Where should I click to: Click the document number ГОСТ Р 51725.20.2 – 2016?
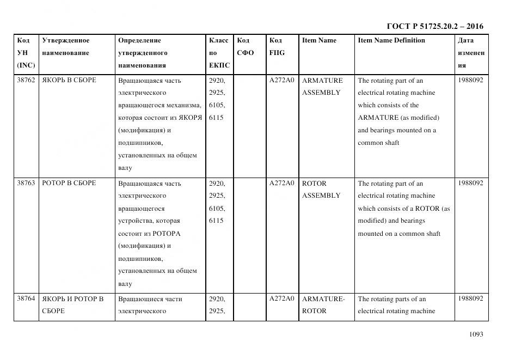coord(434,26)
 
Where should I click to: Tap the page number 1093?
coord(476,334)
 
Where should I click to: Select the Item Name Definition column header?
coord(391,40)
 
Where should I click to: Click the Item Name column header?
coord(319,40)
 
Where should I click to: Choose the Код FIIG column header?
coord(277,46)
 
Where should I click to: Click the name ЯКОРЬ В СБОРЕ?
coord(69,80)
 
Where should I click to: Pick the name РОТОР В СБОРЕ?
coord(69,183)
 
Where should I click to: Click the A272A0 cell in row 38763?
coord(281,183)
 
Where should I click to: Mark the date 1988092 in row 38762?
coord(470,80)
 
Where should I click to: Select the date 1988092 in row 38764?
coord(470,298)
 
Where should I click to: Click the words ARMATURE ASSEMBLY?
coord(322,86)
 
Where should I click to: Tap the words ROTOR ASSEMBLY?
coord(321,189)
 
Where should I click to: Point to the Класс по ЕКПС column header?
coord(219,53)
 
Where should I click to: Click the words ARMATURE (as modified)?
coord(398,118)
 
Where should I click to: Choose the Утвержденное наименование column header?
coord(66,46)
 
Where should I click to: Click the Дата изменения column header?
coord(471,53)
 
